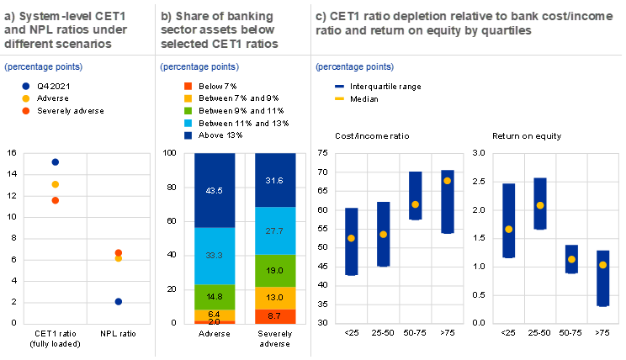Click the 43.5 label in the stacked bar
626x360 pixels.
(x=215, y=190)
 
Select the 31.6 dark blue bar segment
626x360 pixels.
(x=275, y=179)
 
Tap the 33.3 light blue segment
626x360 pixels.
(x=215, y=255)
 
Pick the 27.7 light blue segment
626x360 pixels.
(x=275, y=230)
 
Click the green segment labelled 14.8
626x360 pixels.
(x=215, y=296)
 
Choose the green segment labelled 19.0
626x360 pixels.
(x=275, y=271)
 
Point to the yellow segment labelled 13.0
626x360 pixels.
(x=275, y=298)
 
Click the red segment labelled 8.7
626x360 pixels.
(x=275, y=315)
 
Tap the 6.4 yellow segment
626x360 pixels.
(x=215, y=315)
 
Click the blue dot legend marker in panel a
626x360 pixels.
(x=26, y=86)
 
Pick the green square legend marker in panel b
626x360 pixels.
(x=188, y=110)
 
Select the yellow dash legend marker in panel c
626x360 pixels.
(x=340, y=98)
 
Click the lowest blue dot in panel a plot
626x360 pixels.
(x=119, y=301)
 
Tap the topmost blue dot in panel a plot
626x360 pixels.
(x=56, y=162)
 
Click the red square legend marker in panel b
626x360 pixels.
(x=188, y=86)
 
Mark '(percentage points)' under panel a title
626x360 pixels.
(x=44, y=66)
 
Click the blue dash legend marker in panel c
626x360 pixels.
(x=340, y=86)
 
